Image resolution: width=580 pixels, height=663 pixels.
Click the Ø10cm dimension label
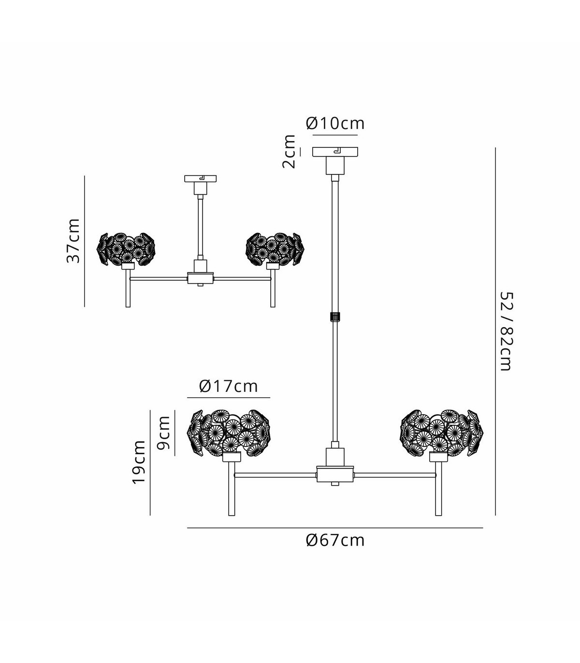click(x=335, y=123)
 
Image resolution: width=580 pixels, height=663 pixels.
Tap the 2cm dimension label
click(x=289, y=151)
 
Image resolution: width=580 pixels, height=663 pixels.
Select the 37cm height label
click(x=73, y=241)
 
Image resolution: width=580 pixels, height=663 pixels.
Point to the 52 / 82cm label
click(x=506, y=331)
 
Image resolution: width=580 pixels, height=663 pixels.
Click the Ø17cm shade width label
click(x=229, y=386)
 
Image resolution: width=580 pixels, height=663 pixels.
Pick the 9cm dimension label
click(x=163, y=432)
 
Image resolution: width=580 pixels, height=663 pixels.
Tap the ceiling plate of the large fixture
click(x=335, y=152)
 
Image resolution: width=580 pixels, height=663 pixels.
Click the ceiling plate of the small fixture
click(x=200, y=178)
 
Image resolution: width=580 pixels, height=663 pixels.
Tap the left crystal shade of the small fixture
click(x=126, y=249)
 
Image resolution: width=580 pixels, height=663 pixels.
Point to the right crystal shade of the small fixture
click(x=275, y=249)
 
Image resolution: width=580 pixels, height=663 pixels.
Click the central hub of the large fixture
click(x=335, y=474)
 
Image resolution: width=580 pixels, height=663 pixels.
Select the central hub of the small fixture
click(x=200, y=278)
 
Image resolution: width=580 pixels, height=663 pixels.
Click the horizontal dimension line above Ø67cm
click(x=335, y=528)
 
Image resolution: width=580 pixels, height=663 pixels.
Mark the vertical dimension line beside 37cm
click(x=84, y=241)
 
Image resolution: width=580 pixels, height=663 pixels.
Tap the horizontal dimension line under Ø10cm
click(x=335, y=135)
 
